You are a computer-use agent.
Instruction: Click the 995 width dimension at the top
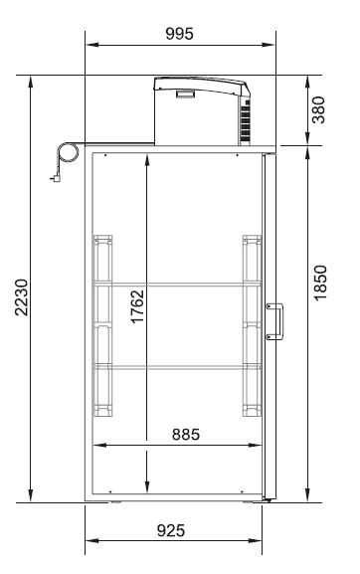click(179, 34)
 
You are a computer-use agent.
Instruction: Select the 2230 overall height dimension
click(22, 297)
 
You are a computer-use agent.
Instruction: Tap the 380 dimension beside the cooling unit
click(318, 109)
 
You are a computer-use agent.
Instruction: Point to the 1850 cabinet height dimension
click(320, 283)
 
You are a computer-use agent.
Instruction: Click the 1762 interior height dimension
click(137, 306)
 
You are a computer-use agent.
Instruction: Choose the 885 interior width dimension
click(186, 435)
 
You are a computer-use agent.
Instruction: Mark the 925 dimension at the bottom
click(171, 530)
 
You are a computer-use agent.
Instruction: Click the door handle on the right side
click(275, 321)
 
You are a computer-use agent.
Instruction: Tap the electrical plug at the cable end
click(56, 178)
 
